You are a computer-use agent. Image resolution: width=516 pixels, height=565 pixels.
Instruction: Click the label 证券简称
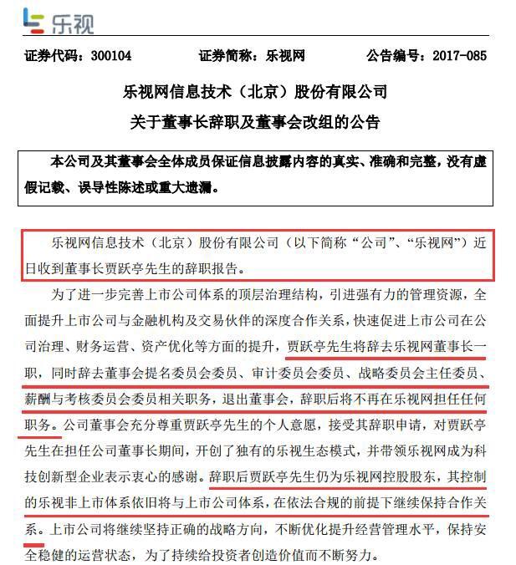tap(227, 57)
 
